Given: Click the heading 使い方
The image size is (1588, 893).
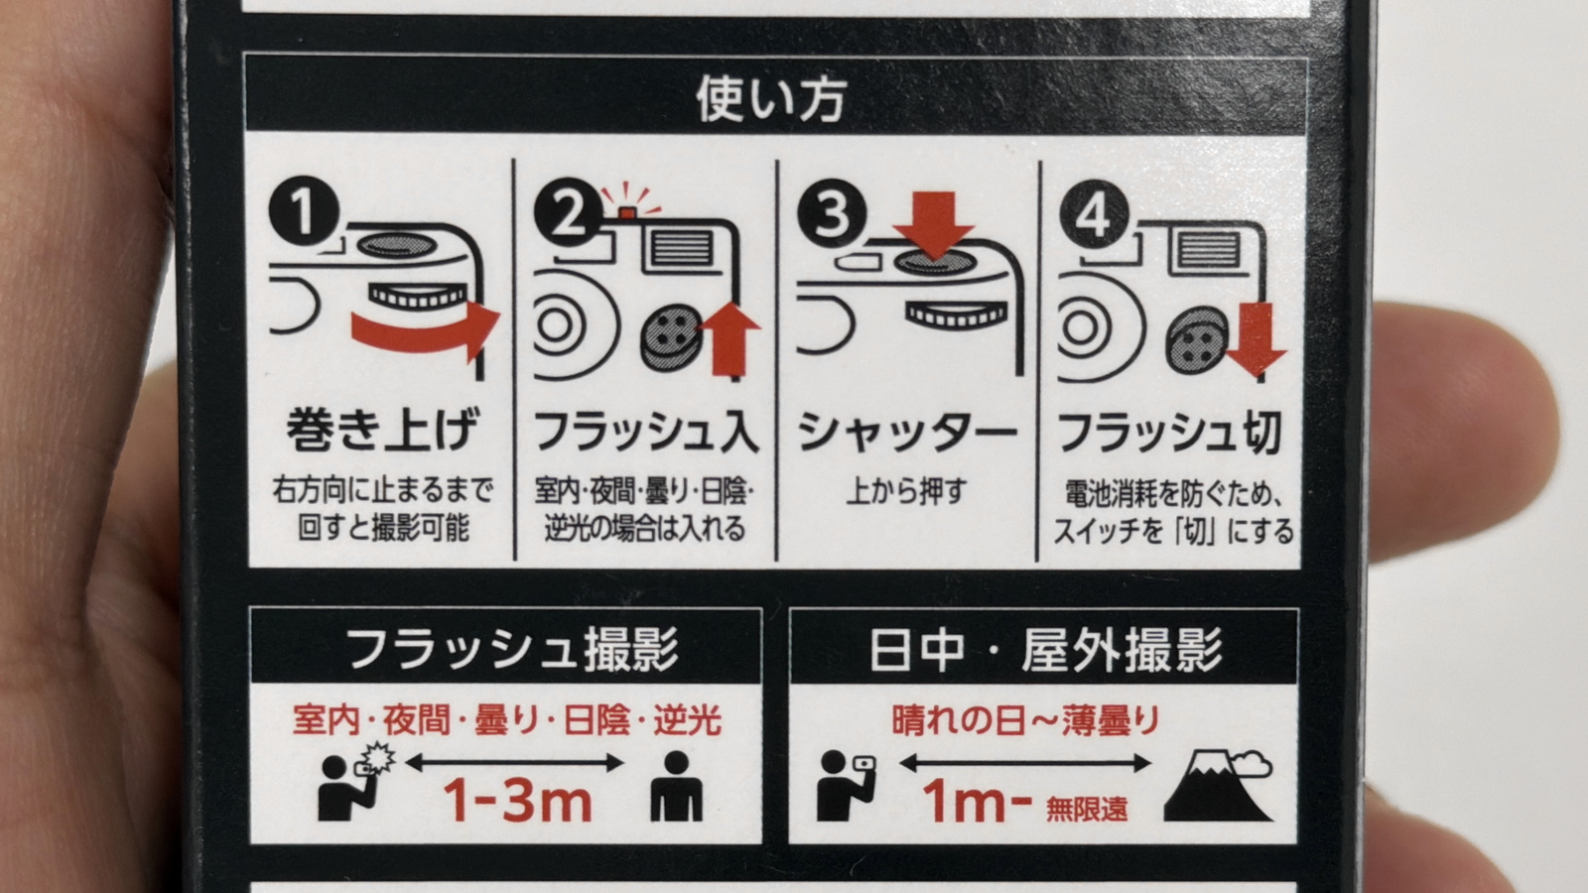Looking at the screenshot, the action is (771, 98).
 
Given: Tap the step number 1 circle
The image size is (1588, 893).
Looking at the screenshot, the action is (304, 211).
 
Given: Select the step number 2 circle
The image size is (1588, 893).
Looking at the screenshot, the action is (569, 212).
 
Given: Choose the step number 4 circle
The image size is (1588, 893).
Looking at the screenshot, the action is (1095, 213).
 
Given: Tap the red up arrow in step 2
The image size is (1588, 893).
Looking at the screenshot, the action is (729, 338).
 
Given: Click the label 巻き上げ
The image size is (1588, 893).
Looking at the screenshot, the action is (383, 430).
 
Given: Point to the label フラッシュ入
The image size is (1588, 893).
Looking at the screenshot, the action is (646, 432).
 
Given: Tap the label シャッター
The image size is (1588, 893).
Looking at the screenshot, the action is (908, 432).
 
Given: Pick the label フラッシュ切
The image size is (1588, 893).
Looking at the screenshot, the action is (1170, 433).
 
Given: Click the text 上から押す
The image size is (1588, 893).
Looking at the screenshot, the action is (907, 491).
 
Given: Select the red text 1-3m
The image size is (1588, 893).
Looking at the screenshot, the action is (517, 800).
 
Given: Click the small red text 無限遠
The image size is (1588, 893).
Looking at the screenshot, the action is (1087, 809).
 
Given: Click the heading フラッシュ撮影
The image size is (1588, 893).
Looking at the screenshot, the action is (512, 649).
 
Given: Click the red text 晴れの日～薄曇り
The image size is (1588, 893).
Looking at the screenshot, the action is (1025, 720).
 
